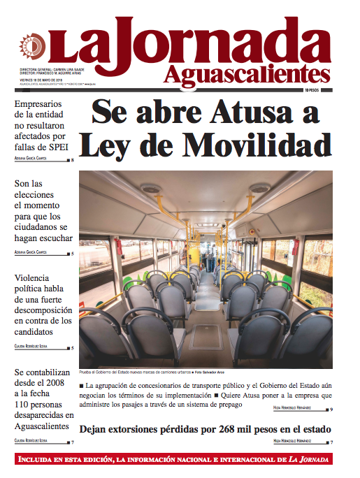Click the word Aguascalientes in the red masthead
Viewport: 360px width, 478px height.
[x=247, y=73]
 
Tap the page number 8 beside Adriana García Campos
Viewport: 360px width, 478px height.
[x=73, y=161]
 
